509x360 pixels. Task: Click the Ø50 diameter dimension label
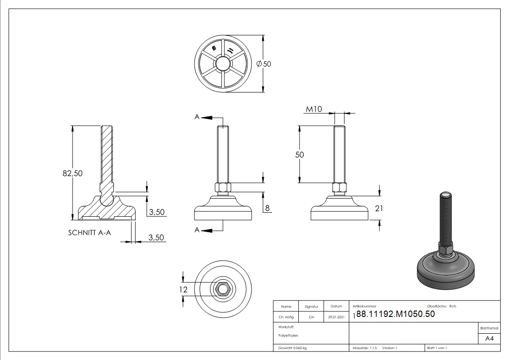click(x=264, y=64)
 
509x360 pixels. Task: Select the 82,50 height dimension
click(x=73, y=173)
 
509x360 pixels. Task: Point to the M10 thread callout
click(x=314, y=109)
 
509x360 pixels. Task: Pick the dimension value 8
click(x=267, y=208)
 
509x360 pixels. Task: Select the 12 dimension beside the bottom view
click(x=184, y=288)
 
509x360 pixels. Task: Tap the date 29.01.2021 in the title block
click(x=336, y=317)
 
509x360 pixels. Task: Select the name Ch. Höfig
click(x=286, y=317)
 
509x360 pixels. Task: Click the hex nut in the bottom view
click(x=223, y=288)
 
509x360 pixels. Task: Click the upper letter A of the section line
click(x=197, y=117)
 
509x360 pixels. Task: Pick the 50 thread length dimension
click(x=299, y=155)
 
